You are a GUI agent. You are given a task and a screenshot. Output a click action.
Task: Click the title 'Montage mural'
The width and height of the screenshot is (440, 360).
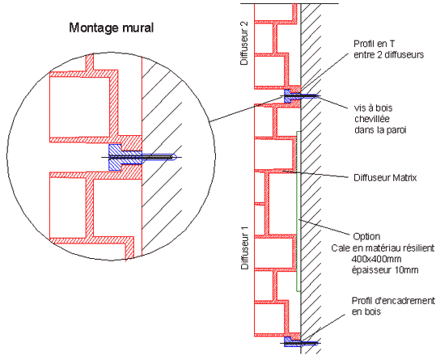[x=112, y=28]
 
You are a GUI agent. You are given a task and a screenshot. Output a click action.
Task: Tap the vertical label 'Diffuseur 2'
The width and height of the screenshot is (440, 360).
[x=245, y=43]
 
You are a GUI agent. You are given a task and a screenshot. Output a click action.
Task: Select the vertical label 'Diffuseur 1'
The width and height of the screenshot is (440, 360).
[x=245, y=248]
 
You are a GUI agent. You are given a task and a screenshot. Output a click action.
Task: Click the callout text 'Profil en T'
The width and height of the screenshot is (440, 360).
[x=374, y=44]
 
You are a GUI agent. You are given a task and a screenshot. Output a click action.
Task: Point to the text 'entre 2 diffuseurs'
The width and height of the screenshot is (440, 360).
[x=389, y=55]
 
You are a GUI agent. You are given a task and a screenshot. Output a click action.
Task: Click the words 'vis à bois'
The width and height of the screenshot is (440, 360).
[x=373, y=108]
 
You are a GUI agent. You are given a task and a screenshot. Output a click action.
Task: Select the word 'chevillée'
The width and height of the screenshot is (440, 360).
[x=372, y=119]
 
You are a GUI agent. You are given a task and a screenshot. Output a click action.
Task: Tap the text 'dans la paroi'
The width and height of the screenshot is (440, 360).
[x=380, y=130]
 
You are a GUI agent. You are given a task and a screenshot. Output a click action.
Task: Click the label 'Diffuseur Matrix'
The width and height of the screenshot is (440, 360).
[x=385, y=178]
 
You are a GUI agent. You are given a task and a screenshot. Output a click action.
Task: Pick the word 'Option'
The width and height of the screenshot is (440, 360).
[x=366, y=236]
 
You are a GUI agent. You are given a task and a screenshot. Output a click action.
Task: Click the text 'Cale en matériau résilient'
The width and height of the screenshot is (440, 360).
[x=383, y=248]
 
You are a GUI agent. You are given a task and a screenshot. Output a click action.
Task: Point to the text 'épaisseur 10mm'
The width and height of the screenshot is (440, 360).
[x=385, y=270]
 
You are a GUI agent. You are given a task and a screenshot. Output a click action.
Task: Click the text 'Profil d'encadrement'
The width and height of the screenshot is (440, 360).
[x=393, y=301]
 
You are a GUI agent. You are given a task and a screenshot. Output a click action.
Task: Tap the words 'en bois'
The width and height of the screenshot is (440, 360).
[x=366, y=311]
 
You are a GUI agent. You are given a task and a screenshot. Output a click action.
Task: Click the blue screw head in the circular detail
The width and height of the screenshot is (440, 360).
[x=115, y=158]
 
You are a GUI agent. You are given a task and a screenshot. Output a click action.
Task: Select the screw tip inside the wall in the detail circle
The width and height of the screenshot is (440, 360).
[x=175, y=157]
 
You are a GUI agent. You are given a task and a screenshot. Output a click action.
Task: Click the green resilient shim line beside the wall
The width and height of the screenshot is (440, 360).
[x=298, y=211]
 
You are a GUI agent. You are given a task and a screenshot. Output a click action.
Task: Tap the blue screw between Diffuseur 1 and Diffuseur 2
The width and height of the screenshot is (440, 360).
[x=300, y=96]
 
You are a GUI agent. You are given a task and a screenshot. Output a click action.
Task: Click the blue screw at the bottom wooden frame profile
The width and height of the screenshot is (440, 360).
[x=300, y=342]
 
